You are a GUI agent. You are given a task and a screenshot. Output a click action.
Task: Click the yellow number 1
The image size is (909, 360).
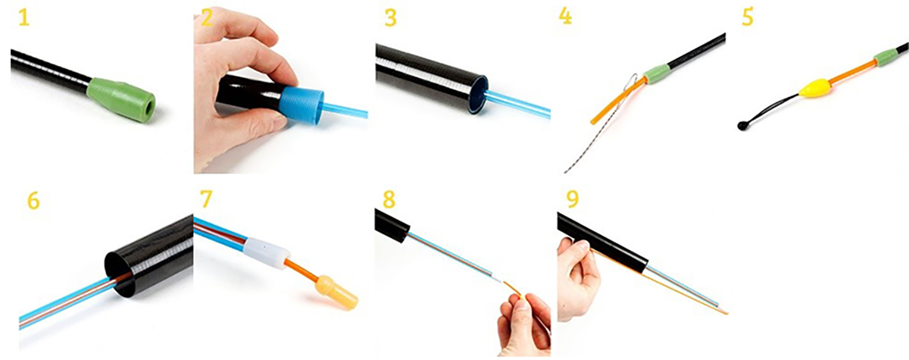pos(24,18)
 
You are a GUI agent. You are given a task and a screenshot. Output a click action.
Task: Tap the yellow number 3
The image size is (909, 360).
pos(390,18)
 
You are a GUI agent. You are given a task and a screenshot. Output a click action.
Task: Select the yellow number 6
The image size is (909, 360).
pos(33,201)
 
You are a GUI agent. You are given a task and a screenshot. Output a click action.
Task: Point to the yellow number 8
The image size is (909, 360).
pos(389,199)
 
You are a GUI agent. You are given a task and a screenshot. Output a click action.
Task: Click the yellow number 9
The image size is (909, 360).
pos(573,199)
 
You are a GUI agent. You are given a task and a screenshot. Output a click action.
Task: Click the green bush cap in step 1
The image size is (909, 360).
pos(121,99)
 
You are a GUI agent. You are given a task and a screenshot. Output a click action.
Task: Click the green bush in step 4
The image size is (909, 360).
pos(658,72)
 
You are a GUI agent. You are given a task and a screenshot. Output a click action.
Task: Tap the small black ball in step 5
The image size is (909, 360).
pos(742,126)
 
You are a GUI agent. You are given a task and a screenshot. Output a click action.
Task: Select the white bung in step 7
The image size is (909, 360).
pos(266,249)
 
